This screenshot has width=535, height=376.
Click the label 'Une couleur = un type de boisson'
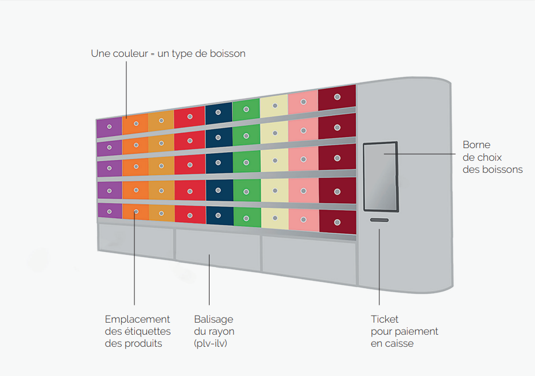click(168, 53)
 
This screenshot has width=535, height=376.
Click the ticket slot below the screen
click(379, 220)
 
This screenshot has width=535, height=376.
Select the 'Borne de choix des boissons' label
click(492, 157)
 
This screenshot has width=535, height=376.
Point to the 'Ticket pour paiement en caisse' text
click(404, 331)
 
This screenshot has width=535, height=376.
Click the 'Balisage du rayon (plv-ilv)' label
click(214, 331)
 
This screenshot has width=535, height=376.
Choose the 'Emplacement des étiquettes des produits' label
click(138, 331)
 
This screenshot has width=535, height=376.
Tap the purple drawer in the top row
click(109, 127)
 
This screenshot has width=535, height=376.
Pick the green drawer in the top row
click(246, 109)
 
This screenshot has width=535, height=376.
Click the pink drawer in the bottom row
click(304, 220)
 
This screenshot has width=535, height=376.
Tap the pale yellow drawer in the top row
click(274, 106)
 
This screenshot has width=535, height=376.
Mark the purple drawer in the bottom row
click(109, 211)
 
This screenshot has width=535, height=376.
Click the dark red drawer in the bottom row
click(337, 222)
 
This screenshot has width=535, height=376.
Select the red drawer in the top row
click(189, 117)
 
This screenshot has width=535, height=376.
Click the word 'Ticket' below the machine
click(385, 319)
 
